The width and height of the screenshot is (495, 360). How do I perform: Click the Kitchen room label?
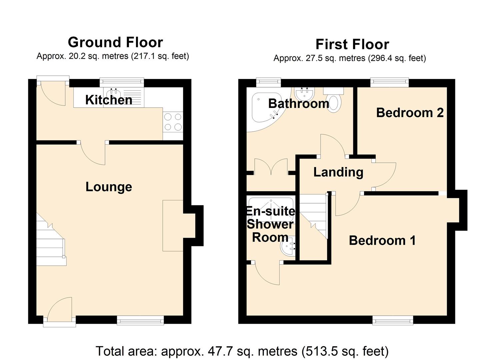click(109, 100)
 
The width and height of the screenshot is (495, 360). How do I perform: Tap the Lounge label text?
click(109, 187)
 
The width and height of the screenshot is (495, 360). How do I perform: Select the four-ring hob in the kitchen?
click(173, 122)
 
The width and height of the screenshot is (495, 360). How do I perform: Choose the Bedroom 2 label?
click(410, 113)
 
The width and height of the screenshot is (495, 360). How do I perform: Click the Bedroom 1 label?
click(382, 240)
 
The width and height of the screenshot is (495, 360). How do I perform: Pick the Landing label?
click(338, 172)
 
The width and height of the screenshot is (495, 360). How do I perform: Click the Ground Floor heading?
click(115, 42)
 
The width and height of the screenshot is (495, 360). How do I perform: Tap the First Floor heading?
click(352, 44)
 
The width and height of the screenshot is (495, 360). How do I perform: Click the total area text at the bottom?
click(242, 351)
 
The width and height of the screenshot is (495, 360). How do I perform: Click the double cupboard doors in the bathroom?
click(271, 167)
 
